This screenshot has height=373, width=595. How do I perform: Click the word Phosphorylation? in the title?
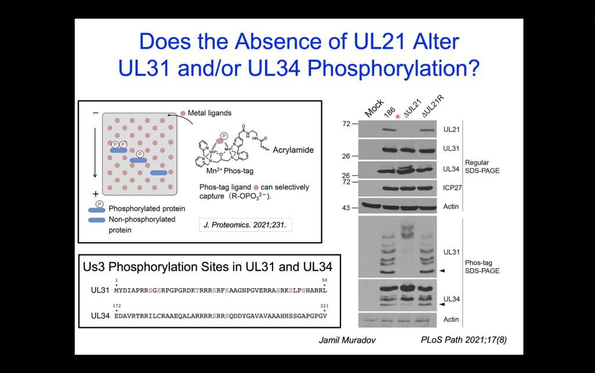[393, 69]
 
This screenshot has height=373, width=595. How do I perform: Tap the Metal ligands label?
[209, 113]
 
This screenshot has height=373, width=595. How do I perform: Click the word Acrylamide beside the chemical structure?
[293, 150]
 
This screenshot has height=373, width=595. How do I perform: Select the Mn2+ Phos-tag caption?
[230, 171]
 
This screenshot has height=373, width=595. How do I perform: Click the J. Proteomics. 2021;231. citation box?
[245, 225]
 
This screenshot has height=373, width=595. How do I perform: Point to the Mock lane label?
[374, 107]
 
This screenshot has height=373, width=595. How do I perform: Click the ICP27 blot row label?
[452, 188]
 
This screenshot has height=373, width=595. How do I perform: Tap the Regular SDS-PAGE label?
[482, 167]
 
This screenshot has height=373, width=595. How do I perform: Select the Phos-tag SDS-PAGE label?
[482, 267]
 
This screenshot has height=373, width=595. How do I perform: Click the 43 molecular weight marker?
[346, 208]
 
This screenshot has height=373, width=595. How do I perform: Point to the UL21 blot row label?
[451, 130]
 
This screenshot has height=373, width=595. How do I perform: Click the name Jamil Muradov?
[347, 340]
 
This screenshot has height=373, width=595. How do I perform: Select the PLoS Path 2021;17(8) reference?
[464, 340]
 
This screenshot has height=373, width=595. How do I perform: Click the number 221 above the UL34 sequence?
[324, 306]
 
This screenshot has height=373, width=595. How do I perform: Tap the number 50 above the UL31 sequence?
[324, 280]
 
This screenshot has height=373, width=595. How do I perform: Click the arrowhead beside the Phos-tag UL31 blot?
[442, 271]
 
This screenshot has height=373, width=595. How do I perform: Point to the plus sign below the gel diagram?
[96, 194]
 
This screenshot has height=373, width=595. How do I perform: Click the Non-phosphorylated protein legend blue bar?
[97, 220]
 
